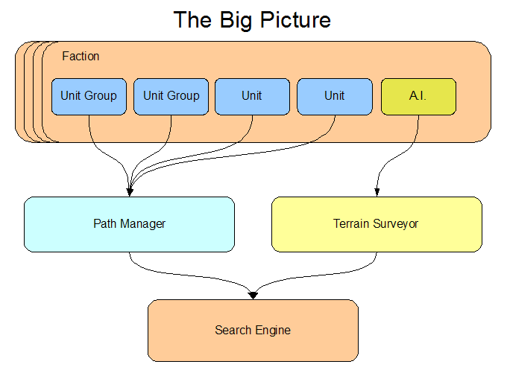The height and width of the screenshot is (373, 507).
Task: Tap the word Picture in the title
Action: [295, 20]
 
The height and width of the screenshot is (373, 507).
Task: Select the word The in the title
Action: [192, 20]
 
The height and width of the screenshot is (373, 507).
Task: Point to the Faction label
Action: [81, 56]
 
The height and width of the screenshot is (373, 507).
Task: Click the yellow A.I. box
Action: [418, 97]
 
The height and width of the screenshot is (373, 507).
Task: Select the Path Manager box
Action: [129, 224]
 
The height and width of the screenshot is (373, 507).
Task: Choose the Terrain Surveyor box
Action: [377, 224]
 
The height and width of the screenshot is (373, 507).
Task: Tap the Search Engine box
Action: [253, 331]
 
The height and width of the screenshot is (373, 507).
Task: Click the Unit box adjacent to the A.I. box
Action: [335, 97]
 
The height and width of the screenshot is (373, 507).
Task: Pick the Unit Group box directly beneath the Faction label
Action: [89, 97]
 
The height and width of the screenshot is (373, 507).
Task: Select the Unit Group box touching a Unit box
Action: [171, 97]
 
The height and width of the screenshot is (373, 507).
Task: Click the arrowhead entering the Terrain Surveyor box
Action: [377, 193]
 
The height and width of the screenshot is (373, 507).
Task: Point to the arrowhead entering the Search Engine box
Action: [253, 296]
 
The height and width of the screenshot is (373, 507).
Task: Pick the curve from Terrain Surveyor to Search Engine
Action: [312, 276]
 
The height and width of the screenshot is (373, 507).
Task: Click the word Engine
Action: [273, 331]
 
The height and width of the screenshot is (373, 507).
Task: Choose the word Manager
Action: [142, 224]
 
